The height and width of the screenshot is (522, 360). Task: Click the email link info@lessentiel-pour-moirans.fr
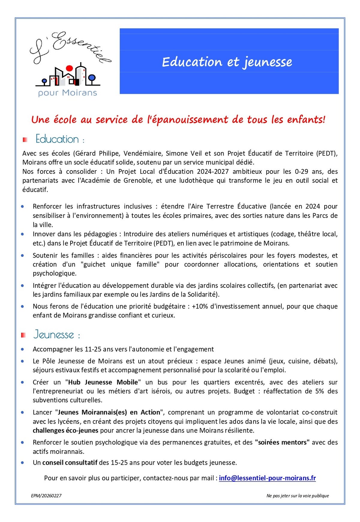tap(267, 478)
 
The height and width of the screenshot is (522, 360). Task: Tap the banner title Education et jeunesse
tap(227, 62)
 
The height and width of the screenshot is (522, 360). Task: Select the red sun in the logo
tap(69, 68)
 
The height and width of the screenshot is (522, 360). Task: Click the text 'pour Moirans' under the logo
tap(67, 93)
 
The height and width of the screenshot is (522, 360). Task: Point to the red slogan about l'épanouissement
tap(178, 119)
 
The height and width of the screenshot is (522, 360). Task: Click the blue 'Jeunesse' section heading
tap(54, 334)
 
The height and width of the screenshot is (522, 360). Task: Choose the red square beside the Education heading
tap(25, 140)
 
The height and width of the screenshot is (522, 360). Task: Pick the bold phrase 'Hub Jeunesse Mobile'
tap(103, 382)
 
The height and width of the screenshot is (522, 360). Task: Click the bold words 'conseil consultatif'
tap(70, 463)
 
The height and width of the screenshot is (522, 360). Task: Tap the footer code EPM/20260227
tap(46, 496)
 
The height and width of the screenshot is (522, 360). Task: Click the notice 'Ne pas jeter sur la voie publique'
tap(298, 496)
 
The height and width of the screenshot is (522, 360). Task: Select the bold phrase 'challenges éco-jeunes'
tap(65, 430)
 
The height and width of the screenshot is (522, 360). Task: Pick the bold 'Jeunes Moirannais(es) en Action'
tap(109, 412)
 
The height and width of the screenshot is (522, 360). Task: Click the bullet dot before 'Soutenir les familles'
tap(22, 255)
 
